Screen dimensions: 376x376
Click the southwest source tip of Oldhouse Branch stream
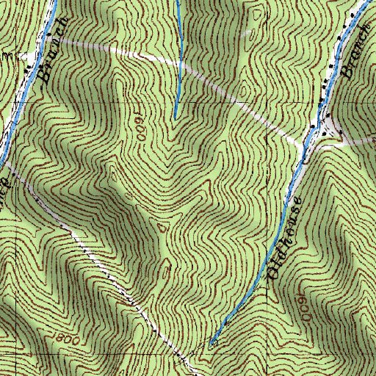212,341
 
